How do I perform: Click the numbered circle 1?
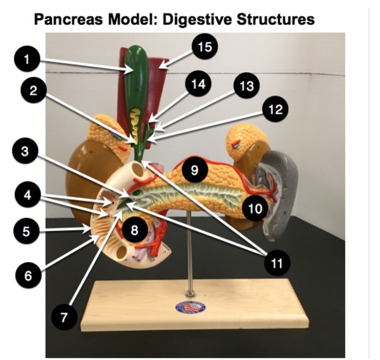pos(27,61)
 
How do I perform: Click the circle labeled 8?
pos(134,230)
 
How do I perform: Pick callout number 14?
pos(199,85)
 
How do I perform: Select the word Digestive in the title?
pos(196,20)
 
